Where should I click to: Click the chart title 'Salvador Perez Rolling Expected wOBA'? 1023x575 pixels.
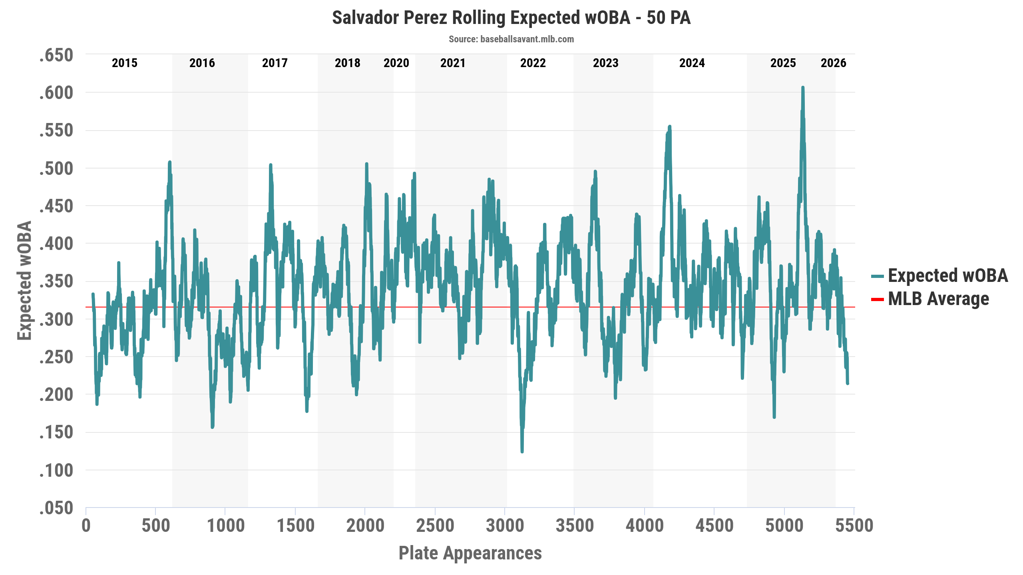[511, 18]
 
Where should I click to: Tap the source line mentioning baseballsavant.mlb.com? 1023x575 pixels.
[511, 39]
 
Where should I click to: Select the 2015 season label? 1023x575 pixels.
[124, 63]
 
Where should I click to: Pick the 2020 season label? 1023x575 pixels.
[396, 63]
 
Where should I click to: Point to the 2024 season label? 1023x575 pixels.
[692, 63]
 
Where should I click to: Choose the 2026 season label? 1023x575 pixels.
[833, 63]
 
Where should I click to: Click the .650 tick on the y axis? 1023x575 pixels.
[56, 55]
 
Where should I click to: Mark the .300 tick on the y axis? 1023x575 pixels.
[56, 319]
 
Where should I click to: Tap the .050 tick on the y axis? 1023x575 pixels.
[56, 508]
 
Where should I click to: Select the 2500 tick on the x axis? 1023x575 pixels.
[435, 526]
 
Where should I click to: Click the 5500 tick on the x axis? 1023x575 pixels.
[854, 526]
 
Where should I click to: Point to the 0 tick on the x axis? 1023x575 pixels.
[86, 526]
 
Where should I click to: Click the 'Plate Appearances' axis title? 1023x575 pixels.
[470, 553]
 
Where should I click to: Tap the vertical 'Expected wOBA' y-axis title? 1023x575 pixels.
[24, 280]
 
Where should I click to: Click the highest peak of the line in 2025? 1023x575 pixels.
[802, 87]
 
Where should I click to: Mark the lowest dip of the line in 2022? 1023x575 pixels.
[522, 452]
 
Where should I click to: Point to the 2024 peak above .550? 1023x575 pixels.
[670, 127]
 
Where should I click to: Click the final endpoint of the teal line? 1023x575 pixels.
[847, 383]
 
